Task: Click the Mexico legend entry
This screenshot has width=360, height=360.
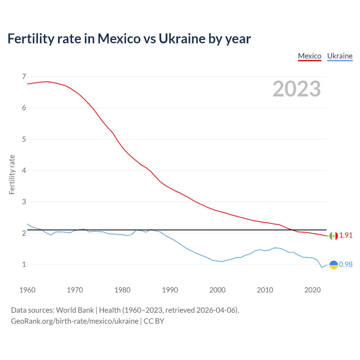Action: pyautogui.click(x=309, y=56)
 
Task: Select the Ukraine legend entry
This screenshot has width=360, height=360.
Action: pyautogui.click(x=340, y=56)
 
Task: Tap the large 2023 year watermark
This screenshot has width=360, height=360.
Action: pyautogui.click(x=296, y=89)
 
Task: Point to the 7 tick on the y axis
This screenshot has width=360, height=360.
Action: pyautogui.click(x=24, y=76)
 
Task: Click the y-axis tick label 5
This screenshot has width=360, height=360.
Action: pyautogui.click(x=24, y=139)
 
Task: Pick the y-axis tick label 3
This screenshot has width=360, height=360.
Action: pyautogui.click(x=24, y=202)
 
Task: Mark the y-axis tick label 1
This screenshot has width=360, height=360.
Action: pyautogui.click(x=24, y=264)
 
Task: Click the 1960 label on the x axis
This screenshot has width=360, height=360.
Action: pyautogui.click(x=27, y=290)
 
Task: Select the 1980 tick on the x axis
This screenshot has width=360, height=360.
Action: pyautogui.click(x=122, y=290)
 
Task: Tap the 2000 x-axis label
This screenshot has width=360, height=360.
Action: pyautogui.click(x=217, y=290)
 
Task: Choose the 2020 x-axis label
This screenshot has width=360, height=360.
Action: pyautogui.click(x=312, y=290)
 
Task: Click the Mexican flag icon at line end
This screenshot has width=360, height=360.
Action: pyautogui.click(x=334, y=236)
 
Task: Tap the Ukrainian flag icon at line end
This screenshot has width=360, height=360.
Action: pyautogui.click(x=334, y=265)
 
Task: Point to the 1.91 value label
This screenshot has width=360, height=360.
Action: pyautogui.click(x=346, y=235)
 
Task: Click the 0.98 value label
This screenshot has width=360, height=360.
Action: pyautogui.click(x=346, y=264)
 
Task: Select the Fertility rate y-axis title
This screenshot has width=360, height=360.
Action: pyautogui.click(x=12, y=174)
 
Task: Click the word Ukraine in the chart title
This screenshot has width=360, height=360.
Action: pyautogui.click(x=182, y=39)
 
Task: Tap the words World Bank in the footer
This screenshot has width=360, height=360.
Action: pyautogui.click(x=75, y=310)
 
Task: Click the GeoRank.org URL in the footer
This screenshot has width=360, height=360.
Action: pyautogui.click(x=75, y=321)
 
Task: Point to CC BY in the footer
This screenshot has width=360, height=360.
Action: pyautogui.click(x=154, y=321)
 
